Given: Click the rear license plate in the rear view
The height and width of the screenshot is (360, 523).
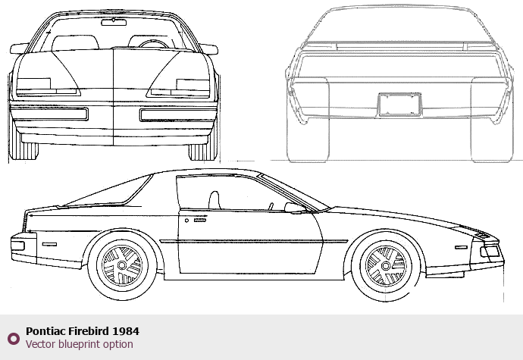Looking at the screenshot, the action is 399,105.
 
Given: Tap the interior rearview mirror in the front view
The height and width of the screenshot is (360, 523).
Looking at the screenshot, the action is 114,23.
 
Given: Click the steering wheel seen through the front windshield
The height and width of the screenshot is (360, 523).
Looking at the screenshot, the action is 154,44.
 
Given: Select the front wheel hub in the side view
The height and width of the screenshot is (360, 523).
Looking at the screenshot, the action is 386,266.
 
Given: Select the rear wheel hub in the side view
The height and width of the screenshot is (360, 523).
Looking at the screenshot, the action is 122,265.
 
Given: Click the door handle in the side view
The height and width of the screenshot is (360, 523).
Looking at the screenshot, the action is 199,221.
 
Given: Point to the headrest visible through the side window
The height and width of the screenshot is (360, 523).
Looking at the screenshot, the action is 214,200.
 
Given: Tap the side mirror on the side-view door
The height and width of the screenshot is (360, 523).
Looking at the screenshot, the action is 295,208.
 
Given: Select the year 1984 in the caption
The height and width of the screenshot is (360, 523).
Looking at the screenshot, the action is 126,331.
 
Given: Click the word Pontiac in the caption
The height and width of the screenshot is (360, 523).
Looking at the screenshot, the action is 45,331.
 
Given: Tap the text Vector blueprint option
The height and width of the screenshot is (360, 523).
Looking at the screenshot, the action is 80,344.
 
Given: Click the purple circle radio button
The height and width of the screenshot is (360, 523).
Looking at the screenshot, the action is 14,338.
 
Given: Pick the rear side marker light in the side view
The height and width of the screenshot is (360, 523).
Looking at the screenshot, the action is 49,245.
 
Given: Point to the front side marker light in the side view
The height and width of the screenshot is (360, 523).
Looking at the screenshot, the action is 461,247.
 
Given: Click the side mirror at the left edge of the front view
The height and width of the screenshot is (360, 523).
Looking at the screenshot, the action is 19,49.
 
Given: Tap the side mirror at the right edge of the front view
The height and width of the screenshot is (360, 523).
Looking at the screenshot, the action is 209,49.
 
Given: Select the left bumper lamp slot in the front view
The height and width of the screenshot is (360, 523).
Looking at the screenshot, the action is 49,114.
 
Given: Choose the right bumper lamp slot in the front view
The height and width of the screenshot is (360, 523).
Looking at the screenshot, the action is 178,114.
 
